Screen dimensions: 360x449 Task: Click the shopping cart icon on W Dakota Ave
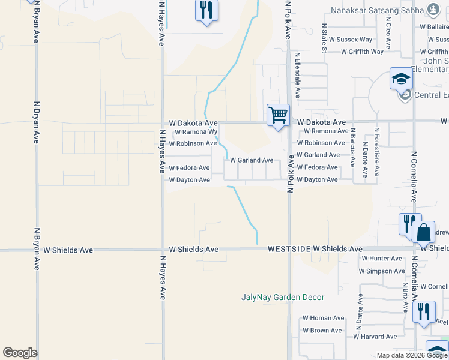[279, 115]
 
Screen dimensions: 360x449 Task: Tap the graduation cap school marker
[401, 79]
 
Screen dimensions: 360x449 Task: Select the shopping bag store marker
[424, 232]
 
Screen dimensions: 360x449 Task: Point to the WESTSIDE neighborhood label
[289, 248]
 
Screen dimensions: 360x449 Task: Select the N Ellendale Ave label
[297, 76]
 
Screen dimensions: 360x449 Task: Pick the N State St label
[324, 38]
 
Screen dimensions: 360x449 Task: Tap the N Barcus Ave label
[353, 146]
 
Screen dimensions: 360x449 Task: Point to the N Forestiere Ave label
[376, 151]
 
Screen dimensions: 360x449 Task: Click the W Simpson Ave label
[382, 271]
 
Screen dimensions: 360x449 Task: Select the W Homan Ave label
[323, 318]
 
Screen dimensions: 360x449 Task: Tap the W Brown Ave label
[322, 331]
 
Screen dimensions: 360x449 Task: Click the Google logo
[20, 353]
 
